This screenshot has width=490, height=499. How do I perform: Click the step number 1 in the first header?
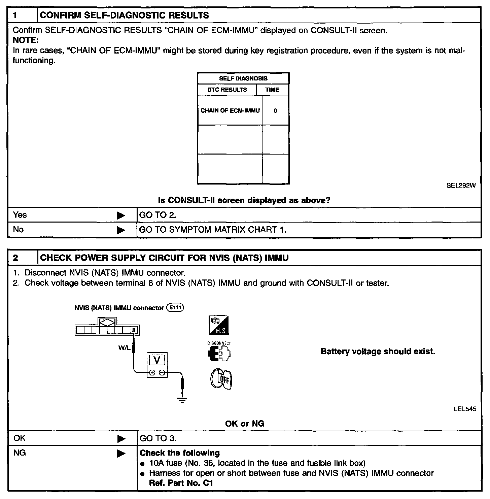[x=15, y=15]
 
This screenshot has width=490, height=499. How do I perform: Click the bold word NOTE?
[x=26, y=40]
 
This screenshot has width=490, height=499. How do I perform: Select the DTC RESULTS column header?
[x=227, y=90]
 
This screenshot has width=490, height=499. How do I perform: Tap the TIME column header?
[x=272, y=90]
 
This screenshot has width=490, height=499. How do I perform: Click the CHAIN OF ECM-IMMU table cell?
[x=230, y=111]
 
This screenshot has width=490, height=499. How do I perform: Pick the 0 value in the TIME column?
[x=275, y=111]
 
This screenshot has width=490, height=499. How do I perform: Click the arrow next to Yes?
[x=121, y=215]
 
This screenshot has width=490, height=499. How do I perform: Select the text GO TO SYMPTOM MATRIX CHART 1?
[x=213, y=230]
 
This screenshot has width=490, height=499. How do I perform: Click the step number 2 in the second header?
[x=15, y=258]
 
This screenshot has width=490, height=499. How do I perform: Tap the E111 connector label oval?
[x=175, y=307]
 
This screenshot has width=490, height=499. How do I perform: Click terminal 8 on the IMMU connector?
[x=134, y=330]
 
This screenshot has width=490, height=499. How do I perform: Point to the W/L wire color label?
[x=124, y=348]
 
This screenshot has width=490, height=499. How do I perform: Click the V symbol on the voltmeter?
[x=157, y=360]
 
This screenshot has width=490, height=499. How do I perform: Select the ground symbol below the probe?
[x=182, y=400]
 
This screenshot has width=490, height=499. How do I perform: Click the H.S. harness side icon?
[x=219, y=325]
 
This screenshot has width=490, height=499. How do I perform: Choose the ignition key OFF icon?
[x=221, y=379]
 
